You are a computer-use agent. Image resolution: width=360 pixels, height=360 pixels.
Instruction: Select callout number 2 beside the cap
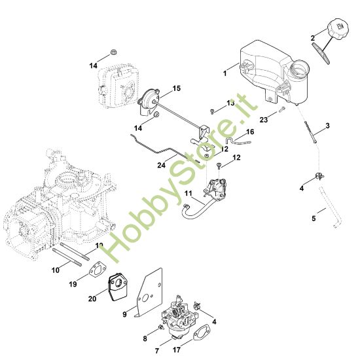coord(313,35)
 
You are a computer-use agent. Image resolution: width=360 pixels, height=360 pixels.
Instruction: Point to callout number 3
coord(327,124)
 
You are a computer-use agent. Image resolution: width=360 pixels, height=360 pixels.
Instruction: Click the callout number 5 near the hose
coord(314,218)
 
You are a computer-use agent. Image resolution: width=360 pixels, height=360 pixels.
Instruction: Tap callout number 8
coord(145,338)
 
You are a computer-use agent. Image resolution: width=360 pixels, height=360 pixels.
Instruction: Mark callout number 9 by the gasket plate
coord(124,314)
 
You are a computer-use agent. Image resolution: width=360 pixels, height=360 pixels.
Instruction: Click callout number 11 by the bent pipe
coord(187,194)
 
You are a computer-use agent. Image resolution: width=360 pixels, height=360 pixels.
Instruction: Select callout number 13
coord(230,103)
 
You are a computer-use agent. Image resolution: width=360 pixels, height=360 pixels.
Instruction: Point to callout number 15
coord(177,88)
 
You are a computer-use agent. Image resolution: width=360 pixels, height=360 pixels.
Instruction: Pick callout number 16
coord(250,132)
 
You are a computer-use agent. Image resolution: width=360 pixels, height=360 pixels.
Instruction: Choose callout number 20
coord(92,299)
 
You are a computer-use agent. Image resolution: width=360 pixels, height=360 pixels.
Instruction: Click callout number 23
coord(264,119)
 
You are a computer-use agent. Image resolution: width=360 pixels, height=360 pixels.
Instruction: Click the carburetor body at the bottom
coord(177,316)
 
